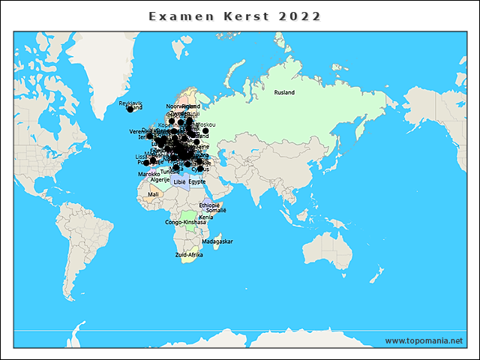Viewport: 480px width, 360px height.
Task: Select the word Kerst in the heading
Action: coord(239,16)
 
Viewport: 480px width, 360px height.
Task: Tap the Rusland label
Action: coord(284,92)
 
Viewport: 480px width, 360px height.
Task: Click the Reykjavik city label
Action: coord(130,103)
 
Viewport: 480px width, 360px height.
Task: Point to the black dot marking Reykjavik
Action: coord(130,109)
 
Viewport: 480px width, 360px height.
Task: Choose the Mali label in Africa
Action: coord(153,194)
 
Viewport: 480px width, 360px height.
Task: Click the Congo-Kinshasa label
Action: coord(184,222)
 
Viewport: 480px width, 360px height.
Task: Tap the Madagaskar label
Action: coord(217,241)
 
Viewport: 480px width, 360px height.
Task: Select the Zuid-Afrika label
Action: coord(189,255)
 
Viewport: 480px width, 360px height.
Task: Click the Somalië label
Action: coord(216,211)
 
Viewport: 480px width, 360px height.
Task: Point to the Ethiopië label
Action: coord(209,205)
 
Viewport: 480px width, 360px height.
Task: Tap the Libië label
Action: coord(178,181)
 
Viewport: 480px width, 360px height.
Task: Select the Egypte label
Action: coord(196,181)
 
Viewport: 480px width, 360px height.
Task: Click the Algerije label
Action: coord(160,180)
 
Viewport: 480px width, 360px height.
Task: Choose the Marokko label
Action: coord(148,174)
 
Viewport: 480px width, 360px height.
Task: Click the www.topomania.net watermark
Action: coord(424,340)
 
